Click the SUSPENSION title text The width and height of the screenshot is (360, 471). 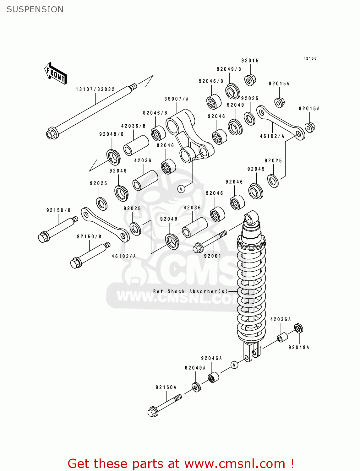35,9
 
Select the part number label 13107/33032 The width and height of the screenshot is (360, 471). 95,89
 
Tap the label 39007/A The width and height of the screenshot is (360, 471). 176,99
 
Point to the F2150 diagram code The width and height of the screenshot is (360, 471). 310,58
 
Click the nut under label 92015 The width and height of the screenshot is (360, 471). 250,80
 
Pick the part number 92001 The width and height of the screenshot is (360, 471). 213,256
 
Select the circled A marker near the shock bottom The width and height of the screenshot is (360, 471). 234,365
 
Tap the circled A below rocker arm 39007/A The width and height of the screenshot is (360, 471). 181,189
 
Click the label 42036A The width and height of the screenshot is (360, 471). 281,319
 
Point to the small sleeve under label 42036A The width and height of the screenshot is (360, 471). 282,338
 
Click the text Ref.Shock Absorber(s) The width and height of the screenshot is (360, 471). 190,291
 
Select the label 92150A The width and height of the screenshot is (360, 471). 166,387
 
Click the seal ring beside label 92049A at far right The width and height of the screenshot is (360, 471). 299,328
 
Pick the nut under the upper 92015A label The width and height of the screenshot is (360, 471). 279,102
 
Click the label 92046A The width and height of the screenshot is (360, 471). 211,358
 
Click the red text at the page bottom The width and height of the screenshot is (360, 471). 181,463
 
